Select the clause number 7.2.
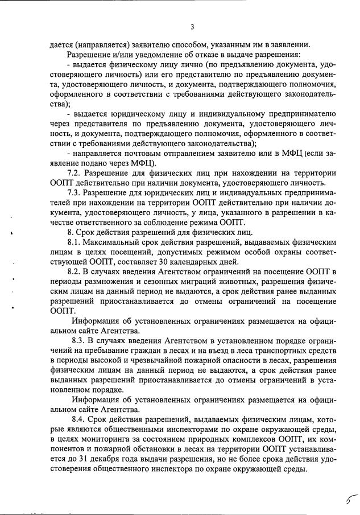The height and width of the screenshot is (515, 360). click(76, 173)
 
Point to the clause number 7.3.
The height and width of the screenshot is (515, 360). click(76, 193)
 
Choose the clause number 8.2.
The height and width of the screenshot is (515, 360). click(76, 273)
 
